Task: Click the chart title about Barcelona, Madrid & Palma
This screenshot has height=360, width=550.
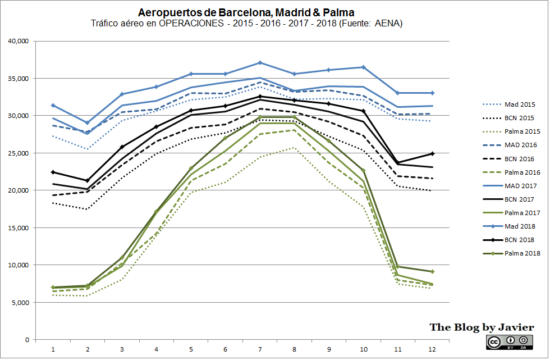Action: pos(246,12)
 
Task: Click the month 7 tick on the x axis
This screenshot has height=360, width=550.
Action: pos(260,349)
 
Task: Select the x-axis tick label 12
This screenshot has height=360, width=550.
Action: pos(432,349)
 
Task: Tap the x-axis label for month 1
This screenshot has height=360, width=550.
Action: pos(53,349)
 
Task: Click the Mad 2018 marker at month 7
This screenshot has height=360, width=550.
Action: pos(260,62)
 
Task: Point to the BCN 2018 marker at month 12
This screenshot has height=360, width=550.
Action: pos(432,153)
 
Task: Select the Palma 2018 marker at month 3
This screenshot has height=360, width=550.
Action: pos(122,257)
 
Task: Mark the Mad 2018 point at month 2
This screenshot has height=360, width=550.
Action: pos(87,122)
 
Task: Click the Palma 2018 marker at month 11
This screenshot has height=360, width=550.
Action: pos(398,267)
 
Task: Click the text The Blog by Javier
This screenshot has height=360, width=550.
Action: pos(482,327)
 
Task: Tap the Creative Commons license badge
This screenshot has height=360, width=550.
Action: pos(508,342)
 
